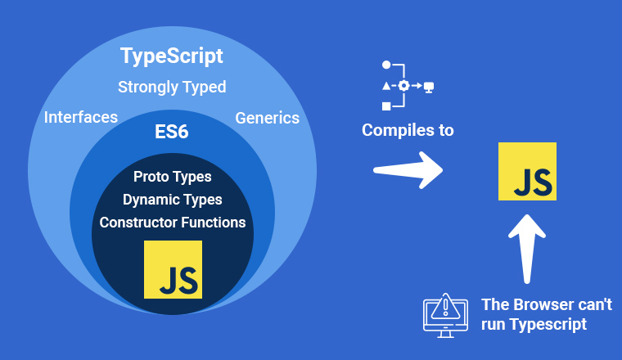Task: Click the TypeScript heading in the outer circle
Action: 171,56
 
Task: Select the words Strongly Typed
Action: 172,88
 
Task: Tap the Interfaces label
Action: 81,117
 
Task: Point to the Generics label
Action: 267,118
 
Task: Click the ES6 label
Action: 171,132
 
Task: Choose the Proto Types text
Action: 172,177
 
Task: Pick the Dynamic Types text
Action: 172,200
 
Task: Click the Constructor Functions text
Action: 173,223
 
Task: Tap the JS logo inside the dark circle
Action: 173,270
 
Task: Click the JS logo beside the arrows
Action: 527,171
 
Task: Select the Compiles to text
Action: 408,130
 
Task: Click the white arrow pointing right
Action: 408,170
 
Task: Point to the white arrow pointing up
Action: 527,249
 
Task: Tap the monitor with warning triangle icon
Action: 445,316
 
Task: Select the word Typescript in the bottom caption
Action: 548,325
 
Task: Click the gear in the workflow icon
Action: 403,86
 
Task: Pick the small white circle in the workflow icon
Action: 386,65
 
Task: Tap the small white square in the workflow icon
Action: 386,106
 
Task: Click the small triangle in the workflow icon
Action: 386,86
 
